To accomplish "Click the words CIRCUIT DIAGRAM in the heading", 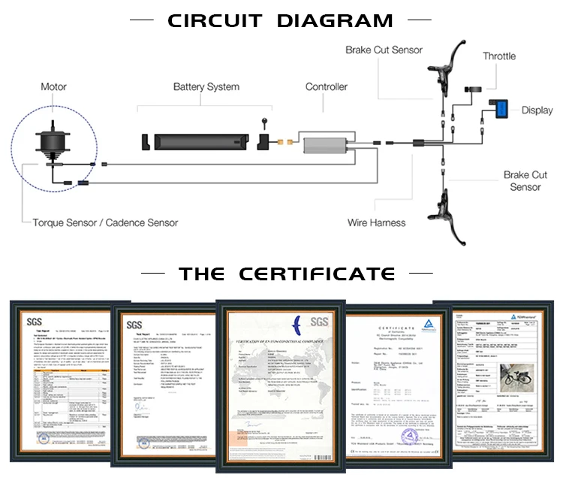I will (x=280, y=20).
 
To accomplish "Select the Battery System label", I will (x=206, y=87).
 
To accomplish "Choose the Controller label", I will (x=326, y=87).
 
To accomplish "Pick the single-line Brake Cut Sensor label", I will (x=384, y=50).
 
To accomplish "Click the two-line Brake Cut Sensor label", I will (x=525, y=181).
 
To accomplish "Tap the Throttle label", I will (x=499, y=56).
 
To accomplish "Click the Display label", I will (x=537, y=110).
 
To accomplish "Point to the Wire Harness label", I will (x=376, y=222).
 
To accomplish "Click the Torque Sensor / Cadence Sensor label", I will (x=105, y=222).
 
